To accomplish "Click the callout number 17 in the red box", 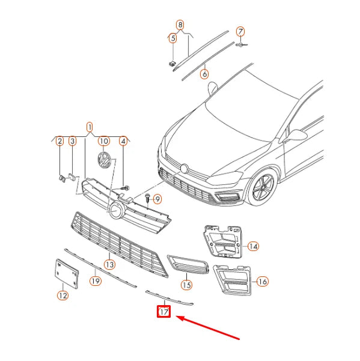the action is pos(163,312).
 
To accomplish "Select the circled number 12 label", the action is pos(63,296).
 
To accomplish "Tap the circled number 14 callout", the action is pos(254,246).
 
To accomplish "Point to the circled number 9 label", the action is pos(157,199).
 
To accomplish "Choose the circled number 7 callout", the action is pos(240,31).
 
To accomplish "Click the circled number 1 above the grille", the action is pos(90,127).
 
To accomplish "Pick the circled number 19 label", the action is pos(96,281).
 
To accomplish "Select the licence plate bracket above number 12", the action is pos(67,273).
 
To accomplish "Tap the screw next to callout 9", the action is pos(147,198).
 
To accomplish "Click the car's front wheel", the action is pos(263,187).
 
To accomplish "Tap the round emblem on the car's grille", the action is pos(185,169).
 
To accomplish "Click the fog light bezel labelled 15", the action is pos(188,264).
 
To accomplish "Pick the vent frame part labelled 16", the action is pos(232,280).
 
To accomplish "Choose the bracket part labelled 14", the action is pos(222,241).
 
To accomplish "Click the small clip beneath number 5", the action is pos(172,63).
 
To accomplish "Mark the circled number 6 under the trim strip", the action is pos(204,74).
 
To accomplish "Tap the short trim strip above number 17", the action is pos(169,298).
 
